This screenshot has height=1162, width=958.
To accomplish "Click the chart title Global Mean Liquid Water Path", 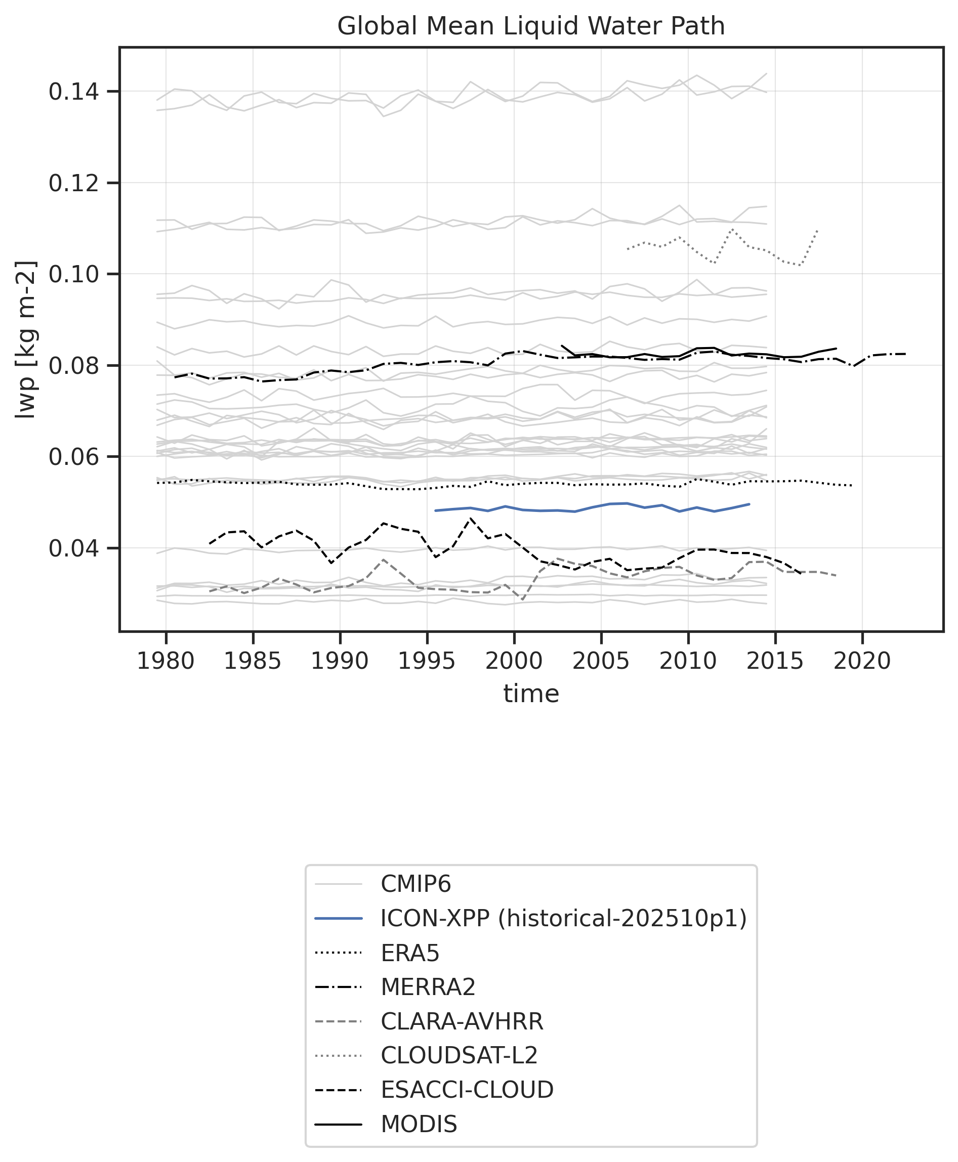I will pyautogui.click(x=531, y=26).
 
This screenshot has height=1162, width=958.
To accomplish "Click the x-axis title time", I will pyautogui.click(x=531, y=693).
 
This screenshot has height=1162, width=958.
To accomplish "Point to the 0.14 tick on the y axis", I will pyautogui.click(x=74, y=92).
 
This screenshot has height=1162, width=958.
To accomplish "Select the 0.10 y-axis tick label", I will pyautogui.click(x=74, y=274).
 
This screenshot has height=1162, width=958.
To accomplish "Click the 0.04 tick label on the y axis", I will pyautogui.click(x=74, y=549).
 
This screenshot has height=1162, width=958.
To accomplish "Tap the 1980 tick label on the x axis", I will pyautogui.click(x=165, y=661).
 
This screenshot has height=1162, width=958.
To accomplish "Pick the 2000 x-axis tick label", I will pyautogui.click(x=514, y=661).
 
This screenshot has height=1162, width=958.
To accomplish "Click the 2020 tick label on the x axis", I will pyautogui.click(x=862, y=661).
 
